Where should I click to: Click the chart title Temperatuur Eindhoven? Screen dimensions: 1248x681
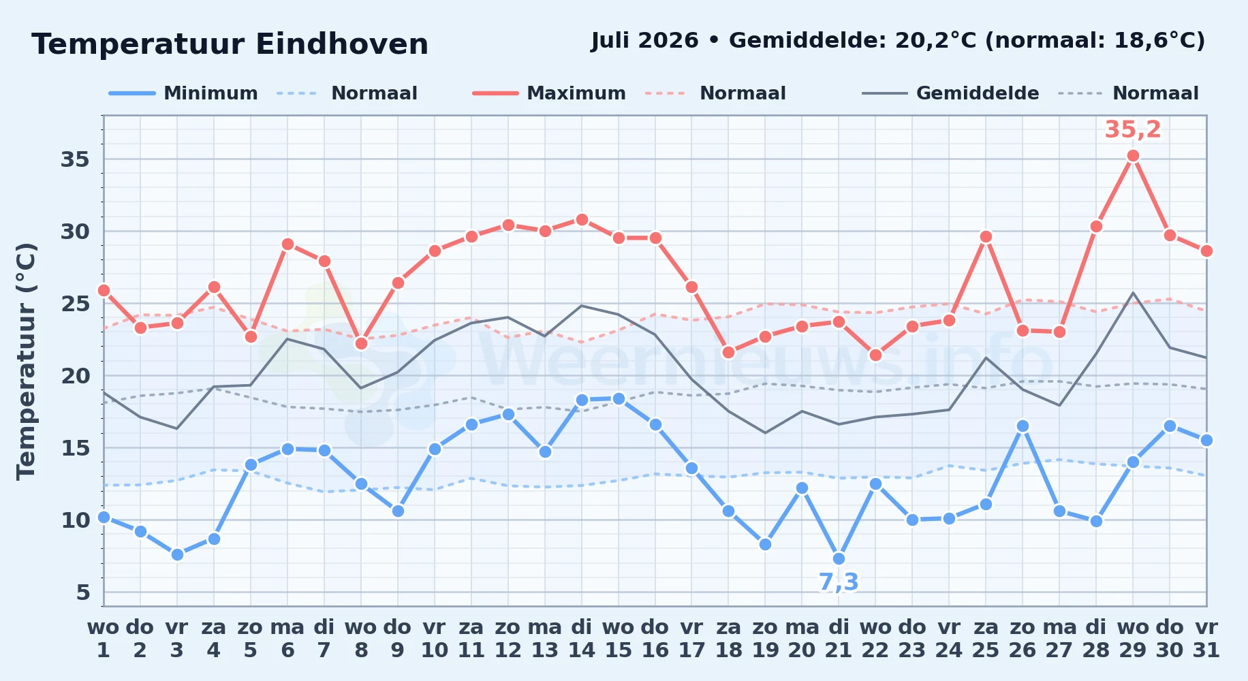230,44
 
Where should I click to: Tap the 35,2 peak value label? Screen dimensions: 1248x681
1133,129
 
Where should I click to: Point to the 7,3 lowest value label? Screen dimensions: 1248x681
839,582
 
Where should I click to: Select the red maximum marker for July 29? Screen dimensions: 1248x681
1134,156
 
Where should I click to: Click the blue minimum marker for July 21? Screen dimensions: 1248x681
839,559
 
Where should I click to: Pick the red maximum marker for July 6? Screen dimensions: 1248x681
287,244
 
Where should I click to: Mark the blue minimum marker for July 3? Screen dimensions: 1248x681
177,555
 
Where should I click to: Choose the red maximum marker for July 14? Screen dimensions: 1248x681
582,220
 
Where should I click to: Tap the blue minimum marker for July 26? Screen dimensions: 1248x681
1023,426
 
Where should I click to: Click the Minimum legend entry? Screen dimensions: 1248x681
183,93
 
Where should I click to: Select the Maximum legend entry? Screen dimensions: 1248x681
549,93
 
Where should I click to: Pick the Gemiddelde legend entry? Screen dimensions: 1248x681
951,93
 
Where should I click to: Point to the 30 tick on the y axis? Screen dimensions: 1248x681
76,232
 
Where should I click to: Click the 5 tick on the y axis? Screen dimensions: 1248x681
83,592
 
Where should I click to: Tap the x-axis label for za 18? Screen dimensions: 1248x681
728,639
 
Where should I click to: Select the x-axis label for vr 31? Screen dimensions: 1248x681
1206,639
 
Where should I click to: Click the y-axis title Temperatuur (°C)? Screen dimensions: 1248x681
26,361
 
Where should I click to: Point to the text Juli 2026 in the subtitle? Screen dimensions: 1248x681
644,41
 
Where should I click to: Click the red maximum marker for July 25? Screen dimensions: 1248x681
986,237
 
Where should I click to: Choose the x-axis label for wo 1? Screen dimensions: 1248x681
104,639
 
